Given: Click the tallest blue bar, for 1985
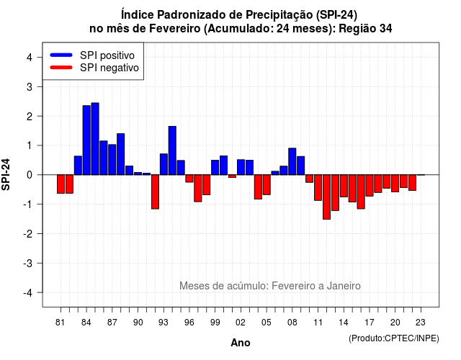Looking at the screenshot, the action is (x=95, y=139).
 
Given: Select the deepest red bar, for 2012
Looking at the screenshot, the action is (x=326, y=197).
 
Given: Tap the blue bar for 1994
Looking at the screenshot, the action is (x=172, y=150).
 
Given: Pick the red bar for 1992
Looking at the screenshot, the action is (x=156, y=192).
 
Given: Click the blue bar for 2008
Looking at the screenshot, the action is (x=292, y=161).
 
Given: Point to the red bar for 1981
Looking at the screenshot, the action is (x=61, y=184).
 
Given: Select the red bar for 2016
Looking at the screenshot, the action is (x=361, y=192).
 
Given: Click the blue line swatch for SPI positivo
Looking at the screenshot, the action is (x=61, y=55).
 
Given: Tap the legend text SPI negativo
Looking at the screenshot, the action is (x=109, y=68).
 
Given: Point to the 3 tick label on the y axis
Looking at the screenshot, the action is (x=30, y=86).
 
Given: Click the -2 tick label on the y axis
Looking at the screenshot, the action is (x=27, y=233).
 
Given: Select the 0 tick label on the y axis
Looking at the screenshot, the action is (x=30, y=175).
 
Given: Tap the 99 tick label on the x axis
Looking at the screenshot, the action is (x=215, y=323).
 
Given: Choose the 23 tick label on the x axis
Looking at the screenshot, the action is (x=421, y=323).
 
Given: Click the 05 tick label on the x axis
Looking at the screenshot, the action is (x=267, y=323).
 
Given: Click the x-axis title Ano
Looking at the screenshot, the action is (x=241, y=343).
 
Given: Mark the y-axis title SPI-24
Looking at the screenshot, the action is (x=6, y=174).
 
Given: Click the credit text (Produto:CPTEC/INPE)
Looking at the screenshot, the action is (x=394, y=338).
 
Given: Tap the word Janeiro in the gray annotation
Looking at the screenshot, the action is (x=344, y=286).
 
